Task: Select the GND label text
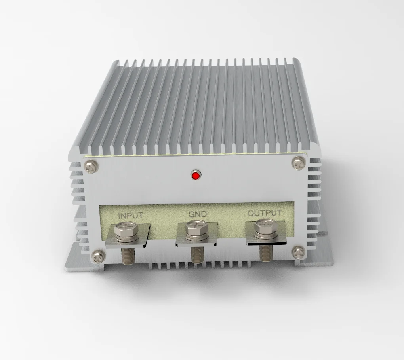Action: (197, 214)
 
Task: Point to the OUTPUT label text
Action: (265, 213)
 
